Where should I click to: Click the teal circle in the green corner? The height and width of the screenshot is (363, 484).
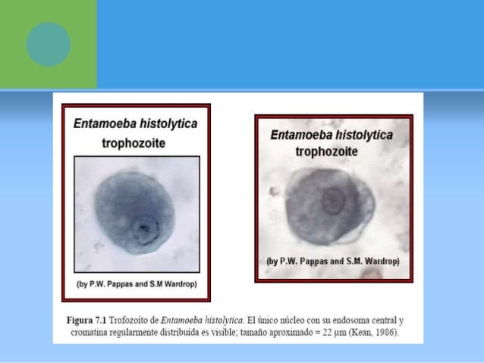point(49,44)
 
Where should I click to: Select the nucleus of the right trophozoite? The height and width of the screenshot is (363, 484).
point(332,201)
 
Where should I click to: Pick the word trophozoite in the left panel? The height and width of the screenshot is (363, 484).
point(133,142)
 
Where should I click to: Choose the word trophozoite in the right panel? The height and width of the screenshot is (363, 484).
point(332,150)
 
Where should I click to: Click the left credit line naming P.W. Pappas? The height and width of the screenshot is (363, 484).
point(136,285)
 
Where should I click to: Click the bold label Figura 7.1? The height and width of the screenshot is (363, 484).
point(90,321)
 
